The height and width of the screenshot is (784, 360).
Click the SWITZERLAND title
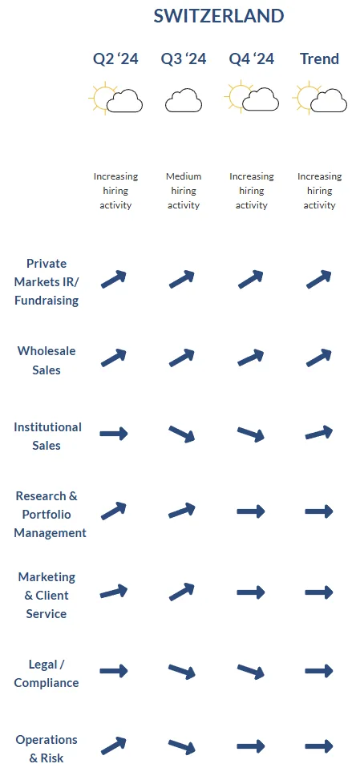[219, 16]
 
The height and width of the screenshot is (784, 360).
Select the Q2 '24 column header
[115, 59]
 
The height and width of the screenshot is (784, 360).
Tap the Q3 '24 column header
[184, 59]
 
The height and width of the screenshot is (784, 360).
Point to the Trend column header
[319, 59]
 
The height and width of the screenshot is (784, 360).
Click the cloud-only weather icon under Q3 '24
[184, 100]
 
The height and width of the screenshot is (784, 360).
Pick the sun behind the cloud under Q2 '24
[102, 97]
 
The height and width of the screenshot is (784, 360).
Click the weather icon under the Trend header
[319, 98]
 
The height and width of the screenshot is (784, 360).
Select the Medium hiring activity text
[184, 191]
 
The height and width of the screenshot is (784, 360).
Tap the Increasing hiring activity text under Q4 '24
[252, 191]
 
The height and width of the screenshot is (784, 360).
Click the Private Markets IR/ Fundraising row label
[47, 282]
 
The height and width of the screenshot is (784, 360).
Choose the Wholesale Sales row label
[47, 361]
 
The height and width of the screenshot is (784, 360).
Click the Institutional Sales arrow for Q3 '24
[181, 434]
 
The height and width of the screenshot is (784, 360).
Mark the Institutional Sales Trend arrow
[319, 433]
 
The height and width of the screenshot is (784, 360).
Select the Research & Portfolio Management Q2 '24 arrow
[114, 511]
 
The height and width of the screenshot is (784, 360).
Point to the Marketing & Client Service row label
[47, 595]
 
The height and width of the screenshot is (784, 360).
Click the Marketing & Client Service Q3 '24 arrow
[181, 592]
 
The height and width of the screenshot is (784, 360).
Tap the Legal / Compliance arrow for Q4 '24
[250, 672]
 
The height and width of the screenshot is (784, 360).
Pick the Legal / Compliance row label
[47, 673]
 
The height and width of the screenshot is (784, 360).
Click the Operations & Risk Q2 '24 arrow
[114, 746]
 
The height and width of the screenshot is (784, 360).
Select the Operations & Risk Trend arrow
[319, 746]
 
